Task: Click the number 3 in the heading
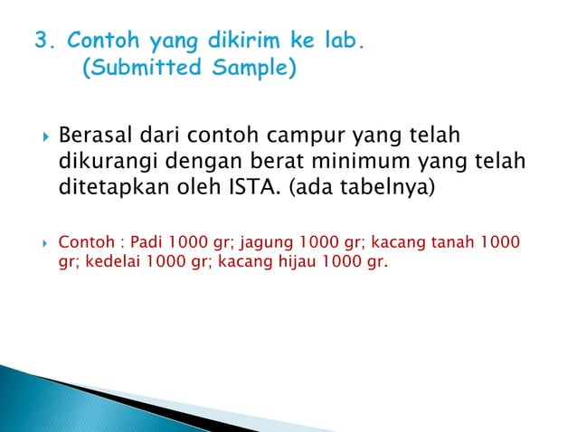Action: (x=41, y=41)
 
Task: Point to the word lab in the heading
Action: (x=347, y=41)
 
